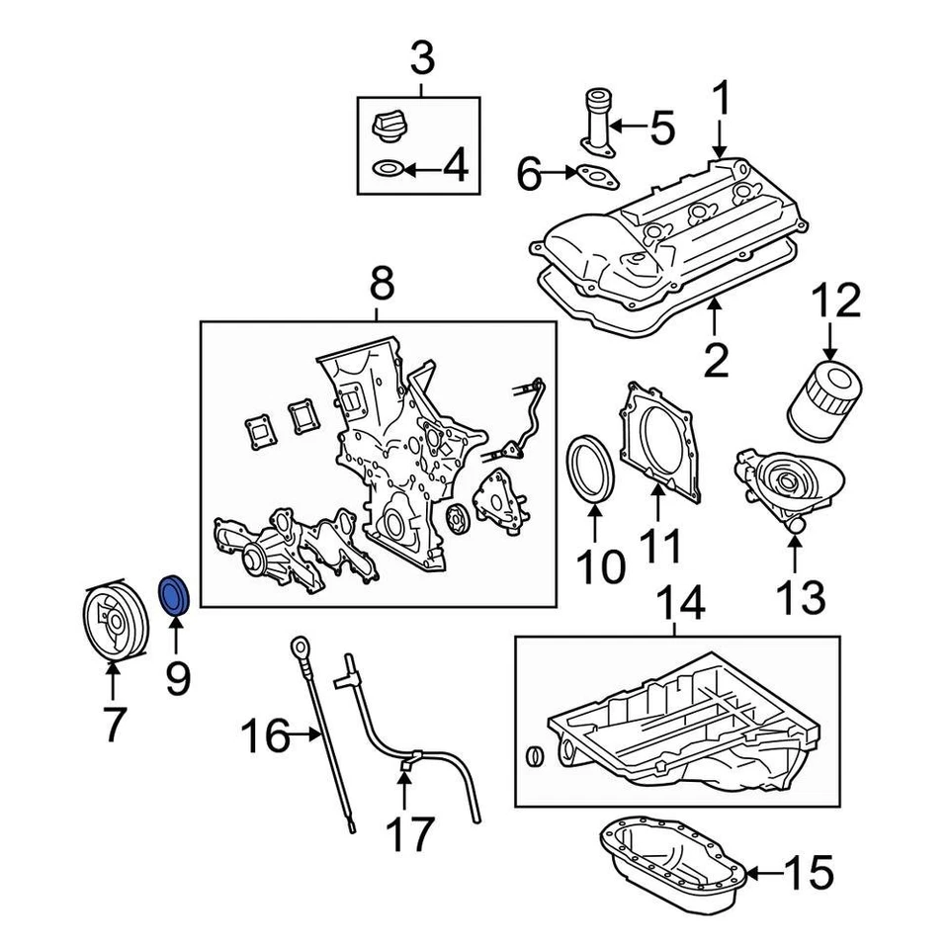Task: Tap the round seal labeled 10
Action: (x=591, y=473)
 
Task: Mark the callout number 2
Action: (x=716, y=360)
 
